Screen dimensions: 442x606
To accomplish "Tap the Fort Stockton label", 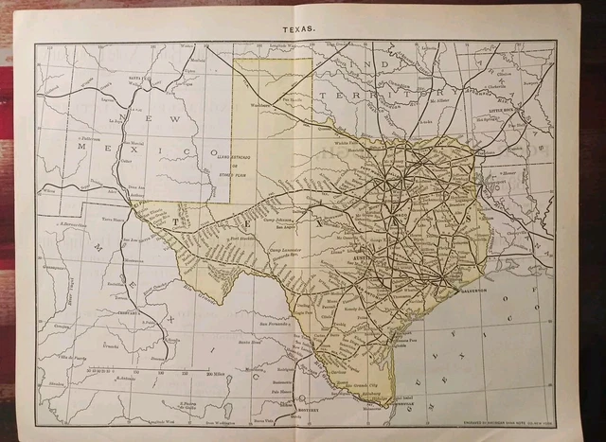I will [242, 239].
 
